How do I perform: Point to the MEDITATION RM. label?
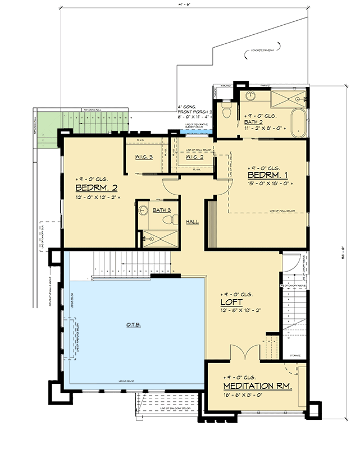click(257, 387)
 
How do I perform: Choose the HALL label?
click(192, 222)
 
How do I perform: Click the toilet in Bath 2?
click(226, 111)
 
